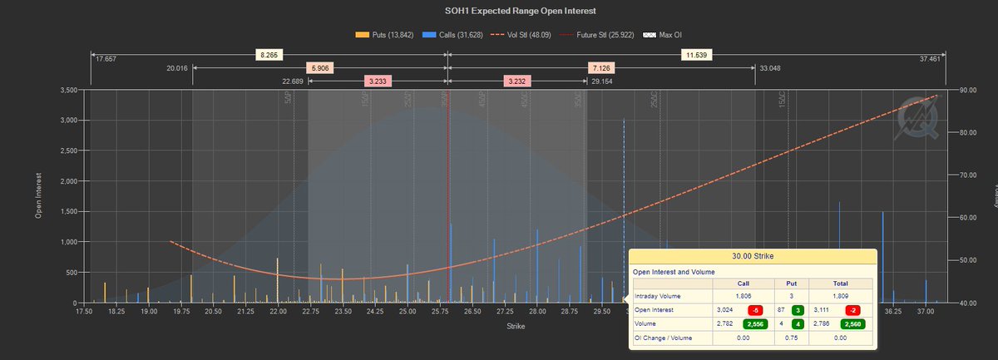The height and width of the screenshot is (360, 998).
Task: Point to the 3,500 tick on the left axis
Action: [x=68, y=90]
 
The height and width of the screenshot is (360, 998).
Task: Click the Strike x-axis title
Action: [x=515, y=327]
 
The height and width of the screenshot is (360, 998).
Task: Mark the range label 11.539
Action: [x=694, y=55]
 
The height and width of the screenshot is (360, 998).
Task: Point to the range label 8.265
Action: [x=268, y=55]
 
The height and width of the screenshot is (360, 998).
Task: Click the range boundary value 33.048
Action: [x=770, y=69]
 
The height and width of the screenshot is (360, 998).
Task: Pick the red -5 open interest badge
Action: [x=753, y=308]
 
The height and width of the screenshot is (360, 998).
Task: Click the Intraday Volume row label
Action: [x=657, y=295]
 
